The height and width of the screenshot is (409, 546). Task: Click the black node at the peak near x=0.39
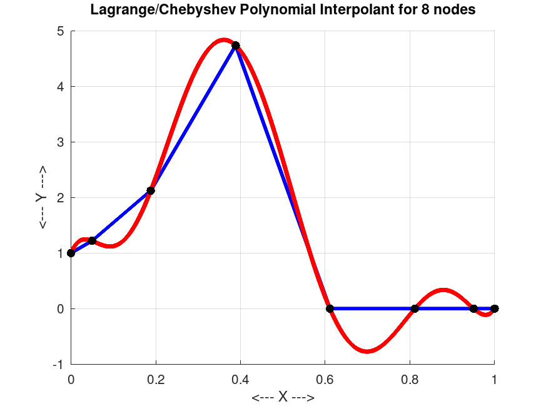point(236,46)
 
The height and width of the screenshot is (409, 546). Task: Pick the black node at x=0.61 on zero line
point(330,308)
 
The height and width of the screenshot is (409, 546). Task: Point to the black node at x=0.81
point(415,308)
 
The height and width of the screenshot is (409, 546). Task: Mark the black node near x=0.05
point(92,240)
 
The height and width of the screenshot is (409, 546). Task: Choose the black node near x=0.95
point(473,308)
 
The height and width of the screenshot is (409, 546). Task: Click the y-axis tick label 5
point(60,31)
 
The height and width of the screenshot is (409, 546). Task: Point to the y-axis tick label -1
point(58,365)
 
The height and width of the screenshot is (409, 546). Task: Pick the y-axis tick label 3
point(60,142)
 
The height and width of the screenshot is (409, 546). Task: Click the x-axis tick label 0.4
point(240,378)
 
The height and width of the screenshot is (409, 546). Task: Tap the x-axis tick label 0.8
point(410,378)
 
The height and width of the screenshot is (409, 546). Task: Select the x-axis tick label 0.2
point(155,378)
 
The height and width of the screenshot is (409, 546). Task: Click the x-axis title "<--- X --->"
point(283,398)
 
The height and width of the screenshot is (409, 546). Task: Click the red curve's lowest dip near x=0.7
point(368,352)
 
